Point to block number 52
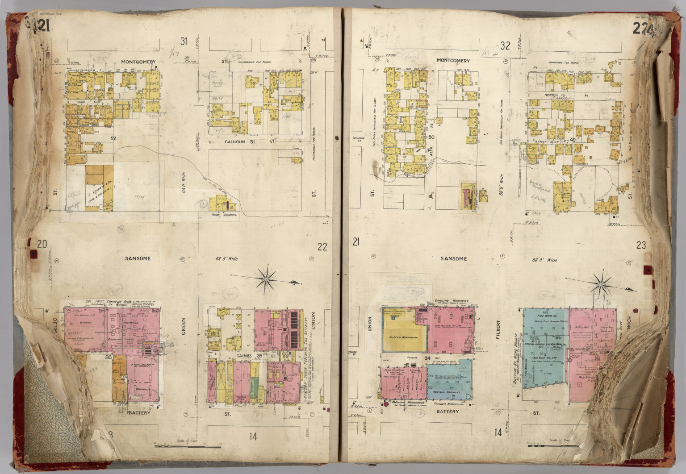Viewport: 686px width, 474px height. (113, 138)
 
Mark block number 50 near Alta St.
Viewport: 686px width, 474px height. (431, 137)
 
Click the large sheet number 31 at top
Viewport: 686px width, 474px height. (183, 42)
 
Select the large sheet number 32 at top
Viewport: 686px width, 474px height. (505, 46)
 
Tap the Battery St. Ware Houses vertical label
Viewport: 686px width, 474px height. (518, 357)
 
